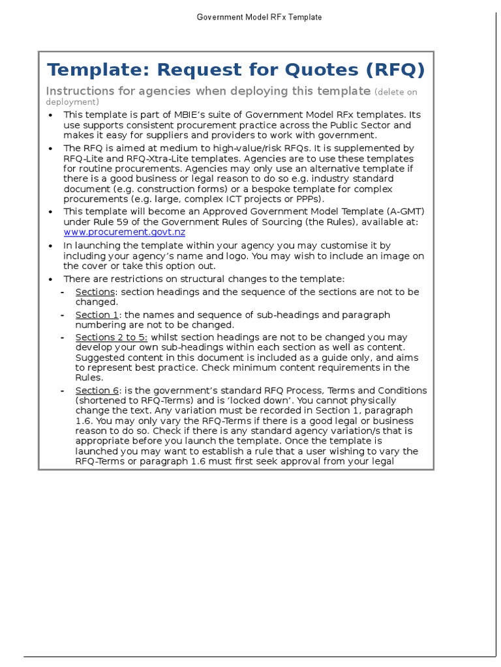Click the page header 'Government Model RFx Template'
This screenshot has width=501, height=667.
click(x=259, y=18)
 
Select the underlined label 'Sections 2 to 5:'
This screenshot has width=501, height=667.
click(x=112, y=337)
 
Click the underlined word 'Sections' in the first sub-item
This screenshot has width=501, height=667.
click(x=95, y=292)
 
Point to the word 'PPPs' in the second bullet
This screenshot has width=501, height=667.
click(x=308, y=199)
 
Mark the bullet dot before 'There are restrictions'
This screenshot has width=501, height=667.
click(x=52, y=279)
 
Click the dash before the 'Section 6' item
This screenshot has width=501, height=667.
click(x=62, y=391)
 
